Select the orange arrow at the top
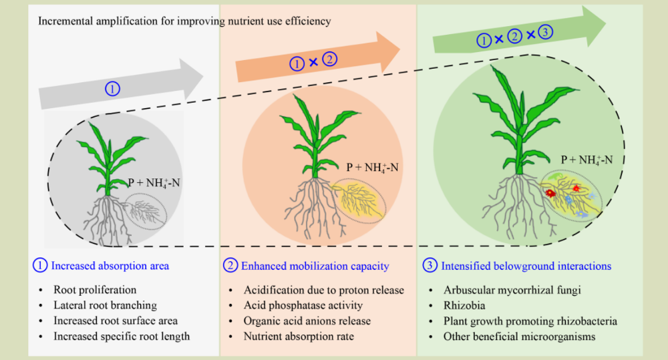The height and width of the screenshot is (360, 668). click(317, 59)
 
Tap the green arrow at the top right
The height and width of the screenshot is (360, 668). click(519, 31)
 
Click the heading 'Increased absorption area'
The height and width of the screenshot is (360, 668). click(110, 266)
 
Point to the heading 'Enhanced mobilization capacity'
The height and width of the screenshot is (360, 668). click(315, 266)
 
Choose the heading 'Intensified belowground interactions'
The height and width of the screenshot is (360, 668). click(526, 266)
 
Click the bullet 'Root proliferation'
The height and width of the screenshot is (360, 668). click(95, 290)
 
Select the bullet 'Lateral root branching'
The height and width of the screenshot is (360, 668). click(106, 305)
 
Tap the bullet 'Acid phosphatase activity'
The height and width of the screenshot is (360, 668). click(303, 305)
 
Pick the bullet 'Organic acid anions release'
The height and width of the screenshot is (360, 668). click(307, 321)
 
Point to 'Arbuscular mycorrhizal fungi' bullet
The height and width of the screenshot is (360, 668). click(512, 290)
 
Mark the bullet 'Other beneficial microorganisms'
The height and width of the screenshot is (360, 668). click(519, 337)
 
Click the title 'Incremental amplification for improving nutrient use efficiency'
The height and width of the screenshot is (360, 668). click(184, 21)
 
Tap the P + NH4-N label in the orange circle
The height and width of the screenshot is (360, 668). click(372, 168)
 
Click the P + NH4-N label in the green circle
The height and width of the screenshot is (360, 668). click(587, 160)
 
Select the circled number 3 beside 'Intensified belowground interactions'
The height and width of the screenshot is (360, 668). click(430, 265)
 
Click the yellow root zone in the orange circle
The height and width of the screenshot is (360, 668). click(359, 200)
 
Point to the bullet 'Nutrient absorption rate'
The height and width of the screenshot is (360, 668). click(299, 337)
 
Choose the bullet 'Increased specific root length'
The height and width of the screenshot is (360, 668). click(122, 337)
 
